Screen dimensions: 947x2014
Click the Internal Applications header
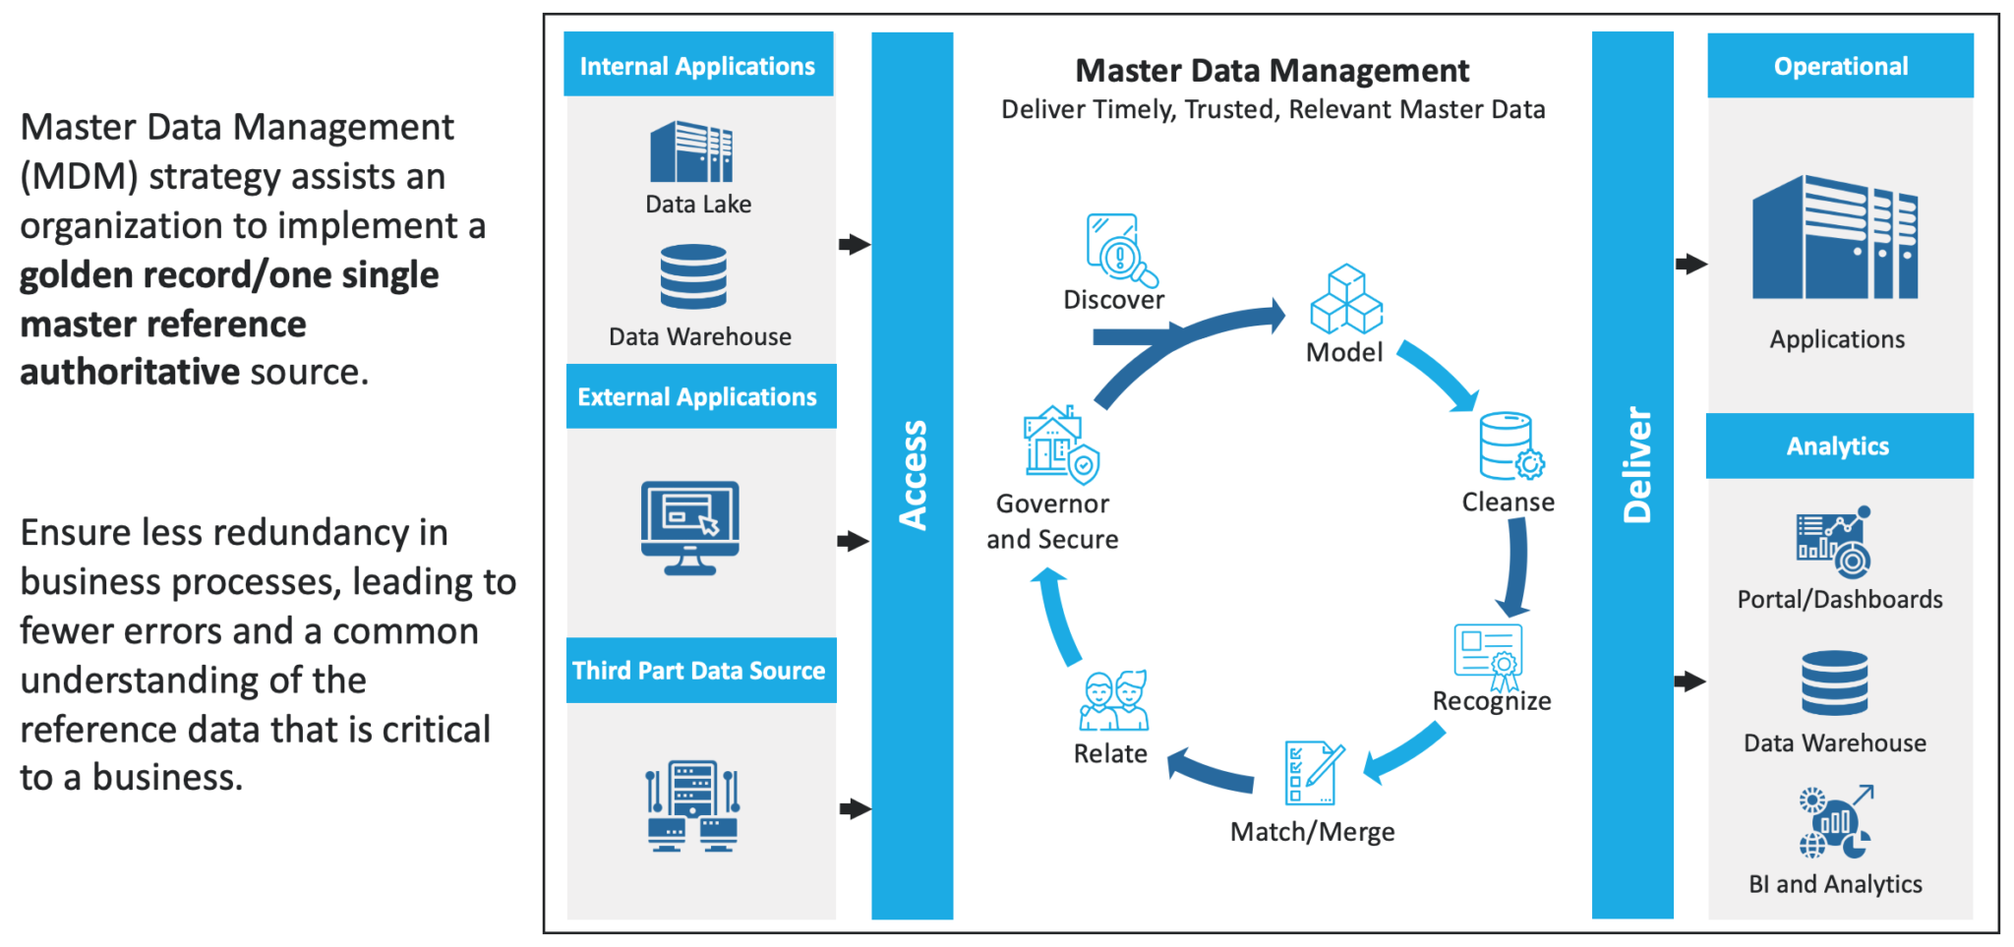pyautogui.click(x=697, y=65)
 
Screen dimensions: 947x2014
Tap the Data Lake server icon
pyautogui.click(x=691, y=151)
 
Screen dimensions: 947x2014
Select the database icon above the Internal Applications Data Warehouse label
pyautogui.click(x=693, y=276)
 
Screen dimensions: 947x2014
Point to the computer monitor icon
pyautogui.click(x=689, y=527)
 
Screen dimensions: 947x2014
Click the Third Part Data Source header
pyautogui.click(x=699, y=671)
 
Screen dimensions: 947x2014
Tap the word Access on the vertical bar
pyautogui.click(x=913, y=475)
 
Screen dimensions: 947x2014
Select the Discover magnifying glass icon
pyautogui.click(x=1120, y=249)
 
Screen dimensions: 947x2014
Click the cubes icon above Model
pyautogui.click(x=1346, y=299)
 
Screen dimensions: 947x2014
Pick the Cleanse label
pyautogui.click(x=1508, y=502)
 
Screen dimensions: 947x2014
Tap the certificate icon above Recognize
pyautogui.click(x=1489, y=655)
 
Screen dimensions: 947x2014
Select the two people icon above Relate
pyautogui.click(x=1114, y=700)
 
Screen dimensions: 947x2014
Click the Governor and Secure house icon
pyautogui.click(x=1060, y=444)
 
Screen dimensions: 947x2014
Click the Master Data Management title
pyautogui.click(x=1272, y=71)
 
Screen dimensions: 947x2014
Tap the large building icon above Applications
pyautogui.click(x=1834, y=238)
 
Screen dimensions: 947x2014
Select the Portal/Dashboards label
pyautogui.click(x=1839, y=599)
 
